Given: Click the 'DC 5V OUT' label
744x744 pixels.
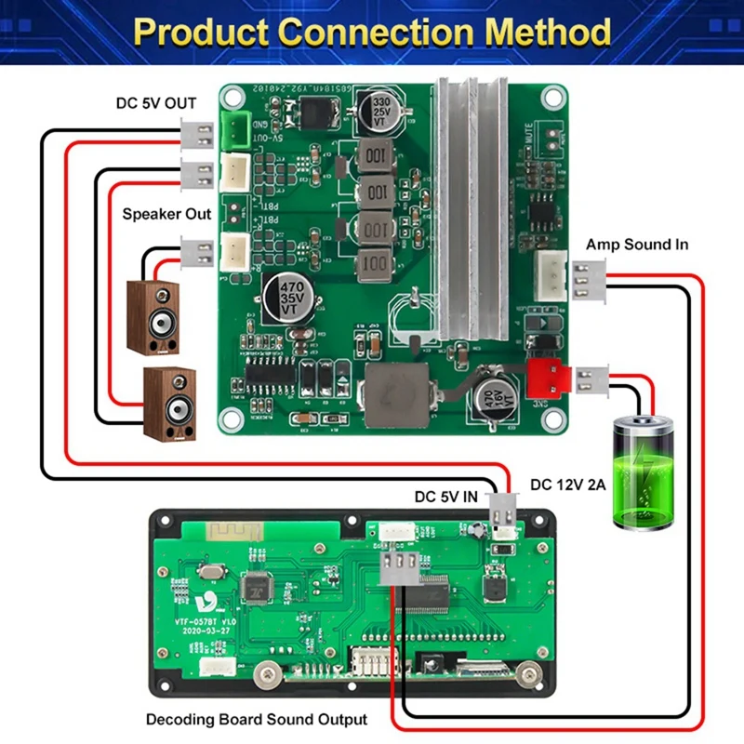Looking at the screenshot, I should point(155,103).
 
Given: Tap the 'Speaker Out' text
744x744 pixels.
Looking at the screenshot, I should point(167,214).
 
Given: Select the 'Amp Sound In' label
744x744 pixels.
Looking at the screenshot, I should point(637,245).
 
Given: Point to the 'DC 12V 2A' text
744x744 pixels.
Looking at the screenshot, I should point(568,484).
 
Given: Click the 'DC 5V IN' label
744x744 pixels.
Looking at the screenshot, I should point(446,498).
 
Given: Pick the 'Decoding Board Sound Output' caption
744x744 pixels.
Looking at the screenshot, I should point(257,719).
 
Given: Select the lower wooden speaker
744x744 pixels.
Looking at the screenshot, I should point(169,403).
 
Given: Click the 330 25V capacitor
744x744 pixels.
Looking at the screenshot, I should point(381,109).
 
